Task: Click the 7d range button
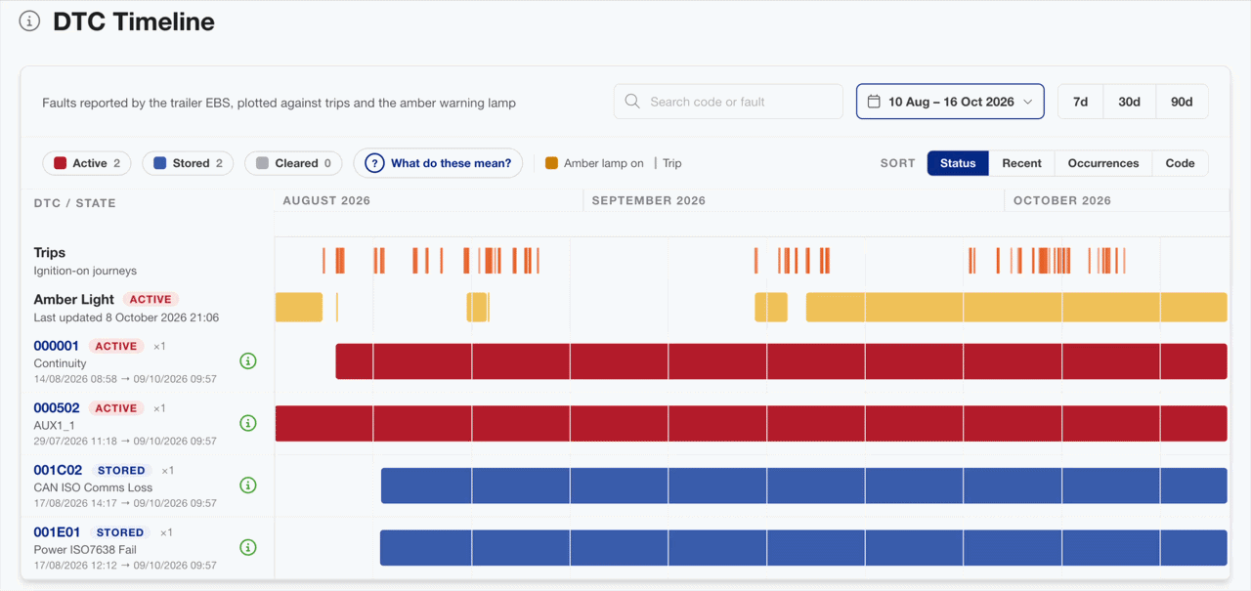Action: click(1081, 102)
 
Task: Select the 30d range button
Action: click(1129, 102)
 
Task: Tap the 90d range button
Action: click(1182, 102)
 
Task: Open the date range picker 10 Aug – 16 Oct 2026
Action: click(950, 102)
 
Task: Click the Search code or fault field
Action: click(728, 102)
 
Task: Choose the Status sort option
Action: click(958, 163)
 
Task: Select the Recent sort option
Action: click(1021, 163)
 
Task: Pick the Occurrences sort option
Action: click(1103, 163)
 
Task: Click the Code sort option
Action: click(1180, 163)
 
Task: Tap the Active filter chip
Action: click(87, 163)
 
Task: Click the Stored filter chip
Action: click(188, 163)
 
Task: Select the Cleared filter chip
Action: click(293, 163)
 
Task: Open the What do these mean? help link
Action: click(438, 163)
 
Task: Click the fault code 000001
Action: click(57, 346)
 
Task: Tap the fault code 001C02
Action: click(58, 470)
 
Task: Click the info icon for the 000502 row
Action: click(248, 423)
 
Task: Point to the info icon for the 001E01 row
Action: click(248, 547)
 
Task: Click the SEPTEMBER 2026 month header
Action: click(648, 200)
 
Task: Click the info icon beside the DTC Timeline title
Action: click(29, 21)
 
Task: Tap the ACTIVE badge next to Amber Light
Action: click(151, 299)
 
